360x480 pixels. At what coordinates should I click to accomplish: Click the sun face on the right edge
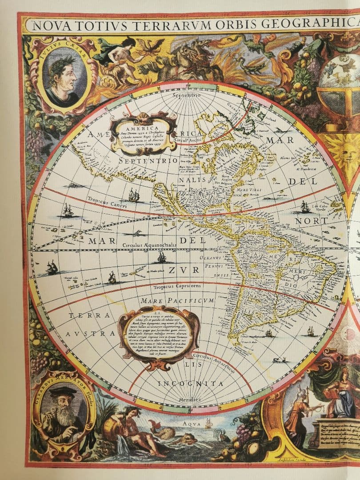click(346, 152)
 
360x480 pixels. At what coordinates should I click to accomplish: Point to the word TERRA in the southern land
click(89, 315)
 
